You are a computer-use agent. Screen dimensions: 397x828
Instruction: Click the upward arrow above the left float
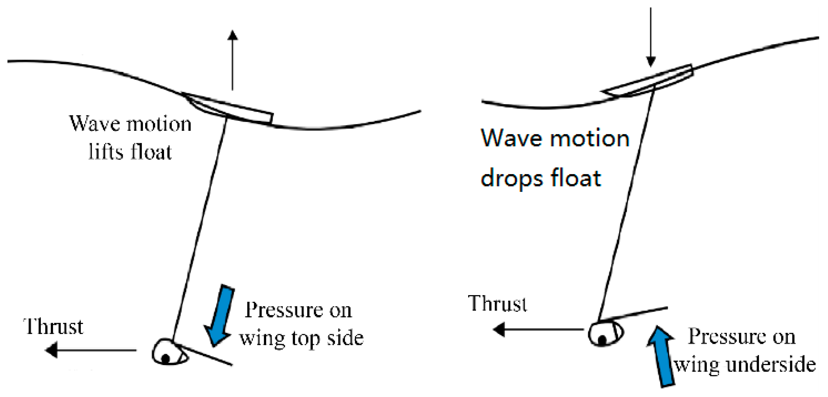(x=232, y=59)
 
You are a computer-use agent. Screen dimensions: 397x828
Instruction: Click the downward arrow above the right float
(x=651, y=37)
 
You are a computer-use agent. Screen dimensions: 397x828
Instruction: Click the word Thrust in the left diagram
(x=53, y=327)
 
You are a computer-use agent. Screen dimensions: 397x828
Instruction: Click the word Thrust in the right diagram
(x=497, y=304)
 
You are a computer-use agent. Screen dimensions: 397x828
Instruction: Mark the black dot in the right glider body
(x=602, y=339)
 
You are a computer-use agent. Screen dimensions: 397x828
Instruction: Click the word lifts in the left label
(x=105, y=152)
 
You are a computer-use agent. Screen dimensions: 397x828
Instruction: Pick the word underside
(x=771, y=365)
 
